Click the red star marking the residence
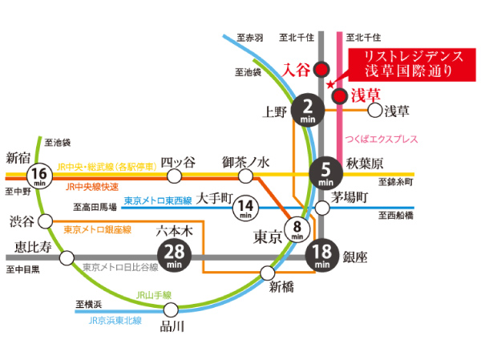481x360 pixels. (329, 84)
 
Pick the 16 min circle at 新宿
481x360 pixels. (40, 174)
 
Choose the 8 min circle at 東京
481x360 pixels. (297, 231)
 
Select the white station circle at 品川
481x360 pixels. (170, 309)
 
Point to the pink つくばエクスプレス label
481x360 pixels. (382, 139)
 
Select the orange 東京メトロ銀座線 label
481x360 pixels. (97, 229)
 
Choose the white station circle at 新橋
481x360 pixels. (268, 273)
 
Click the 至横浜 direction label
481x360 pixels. (89, 304)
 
